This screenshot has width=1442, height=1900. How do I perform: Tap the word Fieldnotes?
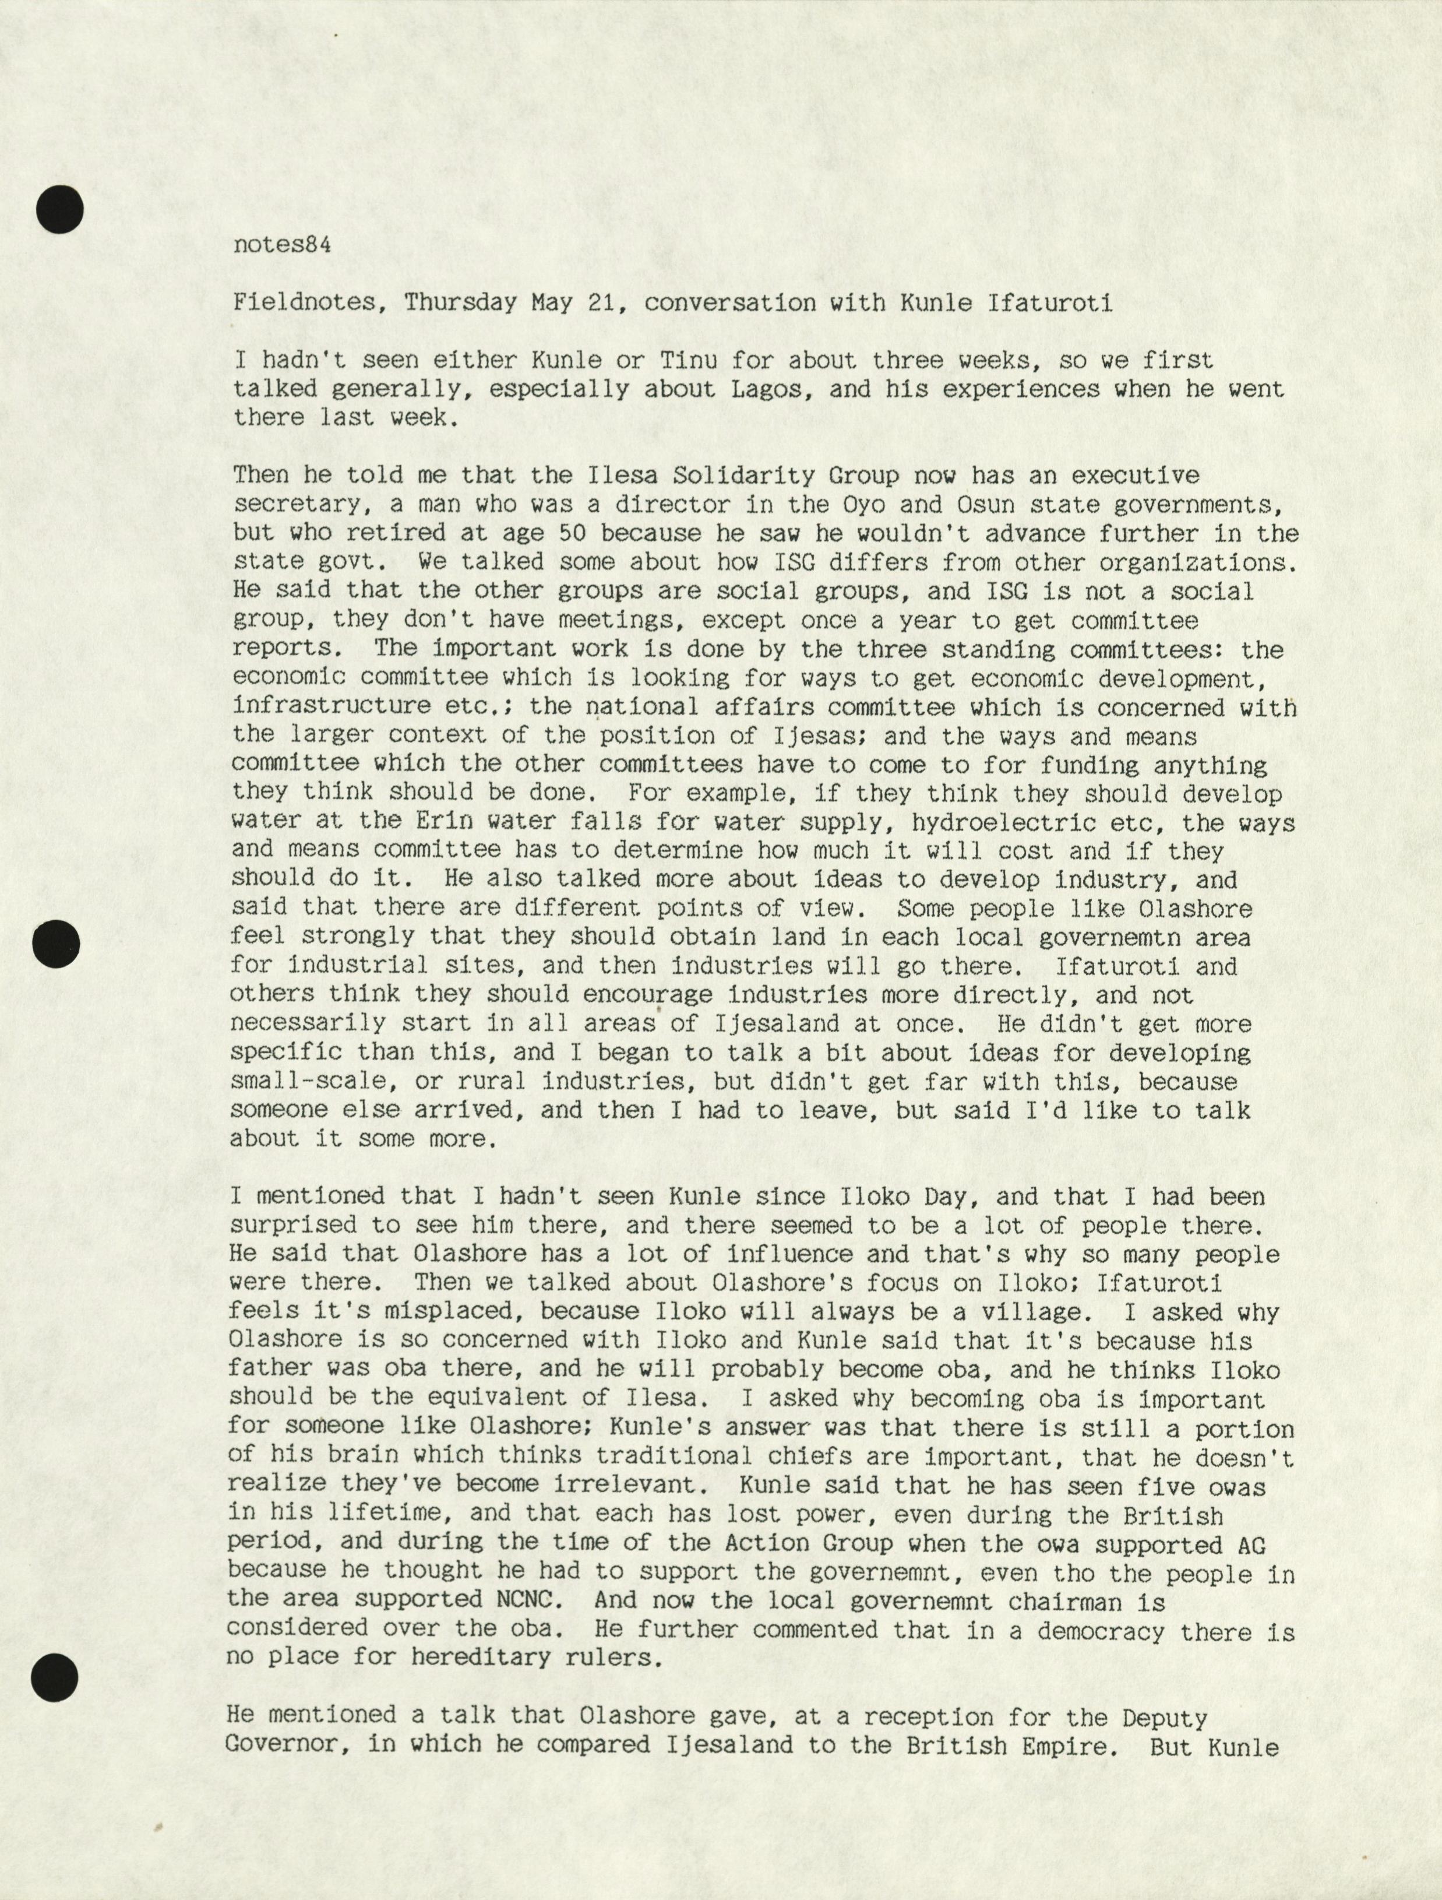[x=303, y=303]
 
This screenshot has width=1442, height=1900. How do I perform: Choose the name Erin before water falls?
[x=444, y=822]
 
